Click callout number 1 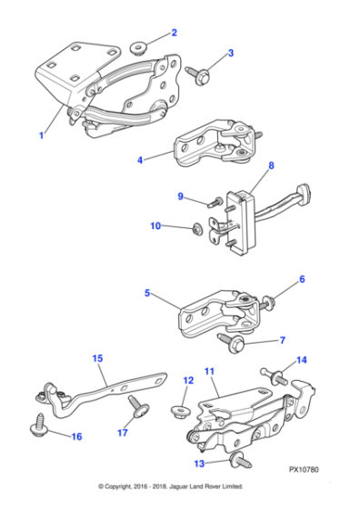point(41,135)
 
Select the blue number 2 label point(174,33)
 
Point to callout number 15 point(97,358)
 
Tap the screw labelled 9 point(213,199)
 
